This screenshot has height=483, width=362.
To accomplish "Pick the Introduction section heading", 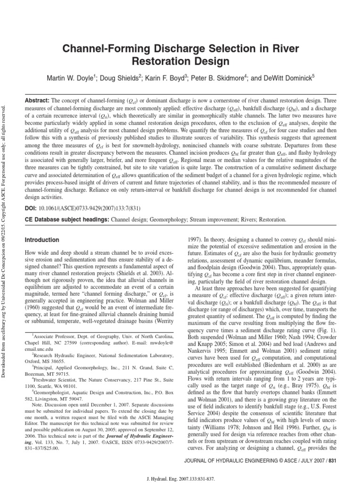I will [42, 240].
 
